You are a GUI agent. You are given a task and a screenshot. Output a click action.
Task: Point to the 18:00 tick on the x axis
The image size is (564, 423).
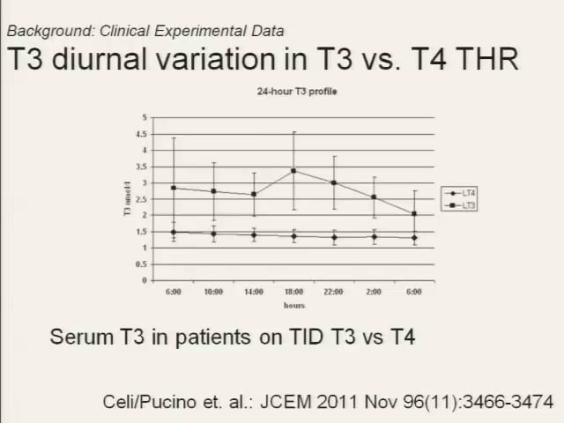tap(293, 292)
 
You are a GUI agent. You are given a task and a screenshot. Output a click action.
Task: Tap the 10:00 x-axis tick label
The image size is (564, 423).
tap(213, 292)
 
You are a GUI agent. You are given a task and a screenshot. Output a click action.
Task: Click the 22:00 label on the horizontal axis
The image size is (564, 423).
tap(334, 292)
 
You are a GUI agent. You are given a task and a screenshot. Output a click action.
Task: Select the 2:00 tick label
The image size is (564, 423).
tap(375, 292)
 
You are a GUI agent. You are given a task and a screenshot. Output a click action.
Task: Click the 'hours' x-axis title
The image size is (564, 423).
tap(293, 305)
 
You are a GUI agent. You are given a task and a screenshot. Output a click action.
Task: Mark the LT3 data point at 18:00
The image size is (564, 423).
tap(293, 171)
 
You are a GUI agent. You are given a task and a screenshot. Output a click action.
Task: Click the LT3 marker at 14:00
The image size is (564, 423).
tap(254, 194)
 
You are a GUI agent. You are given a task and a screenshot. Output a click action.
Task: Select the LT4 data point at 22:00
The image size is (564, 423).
tap(334, 237)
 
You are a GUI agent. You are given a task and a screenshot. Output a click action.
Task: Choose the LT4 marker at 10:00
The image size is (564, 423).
tap(213, 234)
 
